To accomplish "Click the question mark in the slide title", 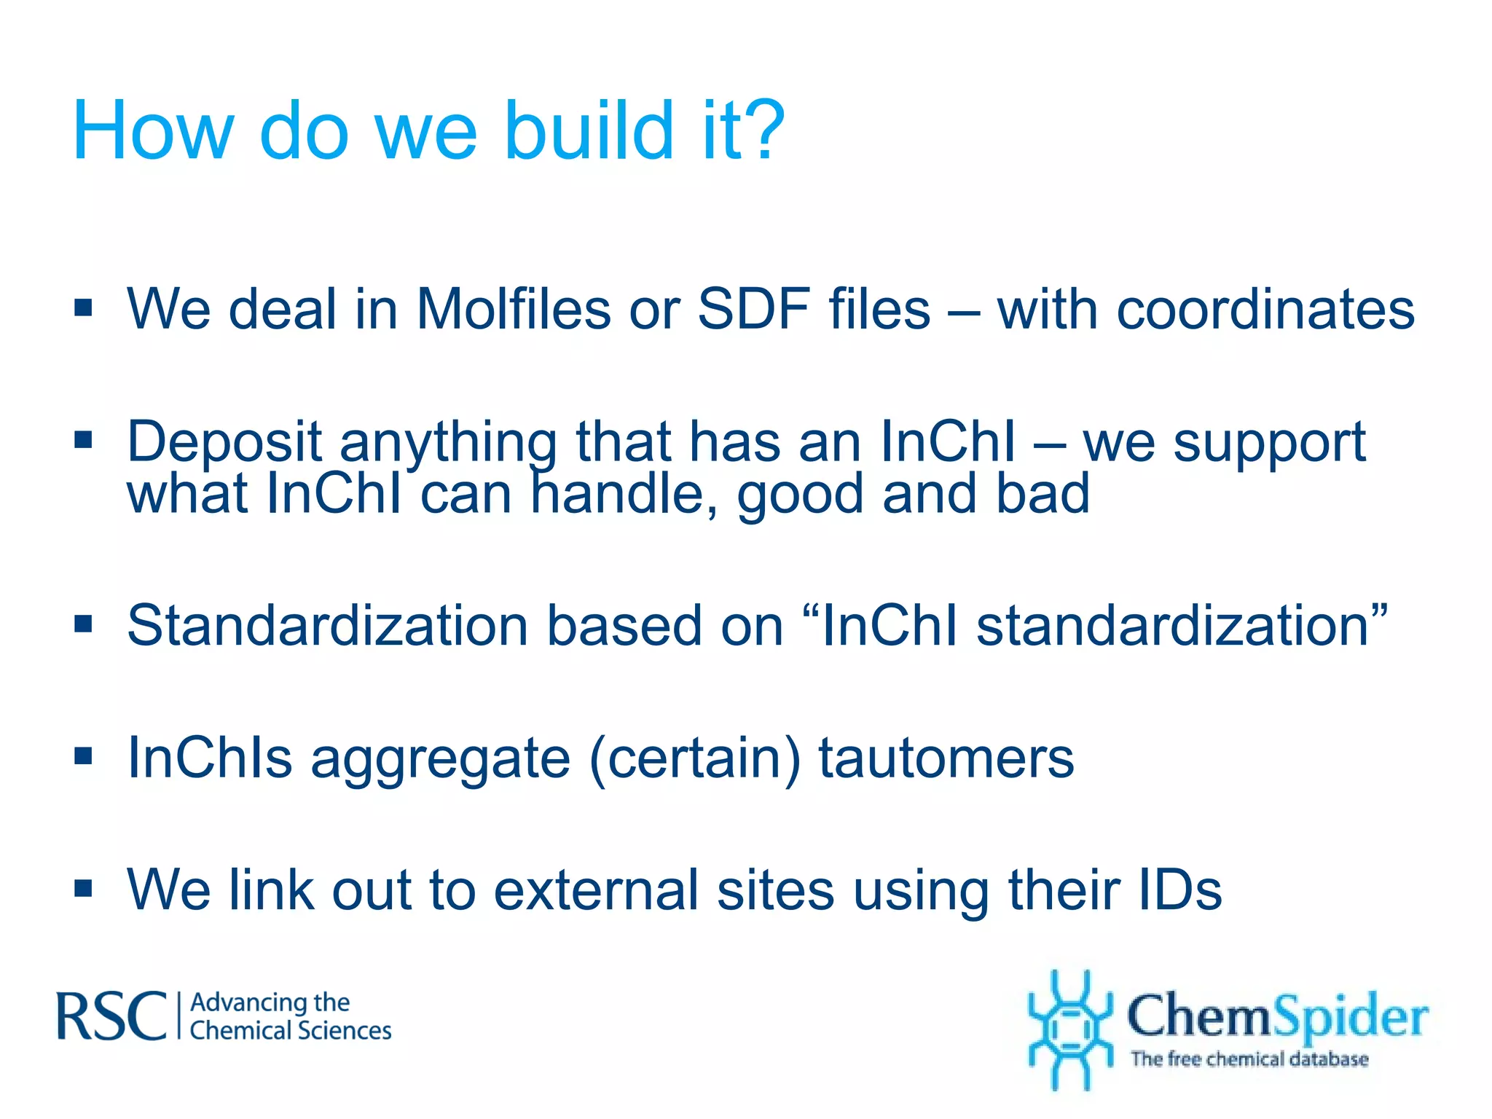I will [759, 131].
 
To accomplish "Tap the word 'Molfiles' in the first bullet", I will [513, 309].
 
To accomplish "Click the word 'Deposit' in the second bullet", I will [224, 442].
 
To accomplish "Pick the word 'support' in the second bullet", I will [1269, 442].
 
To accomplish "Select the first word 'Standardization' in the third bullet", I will [327, 625].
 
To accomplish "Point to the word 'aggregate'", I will [440, 758].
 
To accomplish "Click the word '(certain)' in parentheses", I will [695, 758].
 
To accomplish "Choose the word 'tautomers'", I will [946, 758].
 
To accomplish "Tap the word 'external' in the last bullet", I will [596, 890].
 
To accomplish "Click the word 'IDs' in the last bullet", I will [1179, 890].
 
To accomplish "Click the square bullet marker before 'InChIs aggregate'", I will [84, 757].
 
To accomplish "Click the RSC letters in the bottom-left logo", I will [111, 1016].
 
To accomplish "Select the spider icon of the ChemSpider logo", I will [1069, 1029].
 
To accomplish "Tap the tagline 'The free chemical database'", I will [1249, 1059].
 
